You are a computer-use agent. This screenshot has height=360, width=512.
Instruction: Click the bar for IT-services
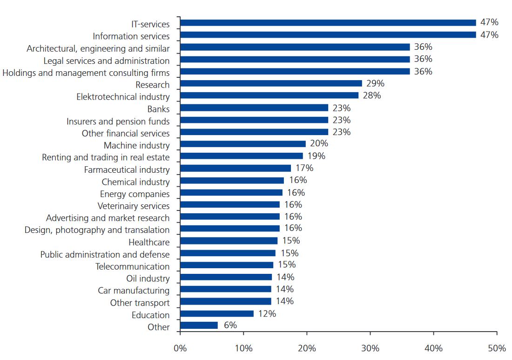click(x=328, y=23)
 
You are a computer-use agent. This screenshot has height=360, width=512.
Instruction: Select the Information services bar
click(x=328, y=35)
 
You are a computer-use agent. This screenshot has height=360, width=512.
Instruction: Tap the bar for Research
click(x=271, y=83)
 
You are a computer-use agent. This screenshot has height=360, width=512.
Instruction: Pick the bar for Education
click(x=217, y=314)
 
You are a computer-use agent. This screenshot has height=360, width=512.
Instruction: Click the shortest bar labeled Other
click(x=199, y=326)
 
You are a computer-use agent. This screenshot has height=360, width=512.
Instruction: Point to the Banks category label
click(x=158, y=109)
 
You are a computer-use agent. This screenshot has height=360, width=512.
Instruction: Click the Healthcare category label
click(x=149, y=242)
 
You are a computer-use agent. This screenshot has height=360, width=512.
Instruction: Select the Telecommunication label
click(x=133, y=266)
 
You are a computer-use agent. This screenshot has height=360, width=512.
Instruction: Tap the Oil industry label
click(x=148, y=278)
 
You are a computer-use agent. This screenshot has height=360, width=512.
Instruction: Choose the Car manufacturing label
click(x=134, y=291)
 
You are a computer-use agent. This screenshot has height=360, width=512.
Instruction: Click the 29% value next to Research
click(x=375, y=83)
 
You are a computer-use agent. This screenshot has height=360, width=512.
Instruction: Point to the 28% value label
click(x=371, y=95)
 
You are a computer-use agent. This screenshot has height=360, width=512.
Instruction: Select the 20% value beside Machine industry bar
click(x=319, y=143)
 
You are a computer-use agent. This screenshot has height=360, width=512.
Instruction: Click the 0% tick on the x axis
click(x=180, y=348)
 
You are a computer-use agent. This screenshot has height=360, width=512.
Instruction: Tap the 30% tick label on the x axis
click(x=370, y=348)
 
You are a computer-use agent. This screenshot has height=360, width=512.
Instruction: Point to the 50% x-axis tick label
click(x=497, y=348)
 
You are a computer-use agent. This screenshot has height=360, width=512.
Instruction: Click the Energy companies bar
click(x=231, y=192)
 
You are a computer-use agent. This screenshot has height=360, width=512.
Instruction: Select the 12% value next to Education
click(x=267, y=313)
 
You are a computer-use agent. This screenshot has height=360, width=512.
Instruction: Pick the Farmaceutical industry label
click(x=127, y=170)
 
